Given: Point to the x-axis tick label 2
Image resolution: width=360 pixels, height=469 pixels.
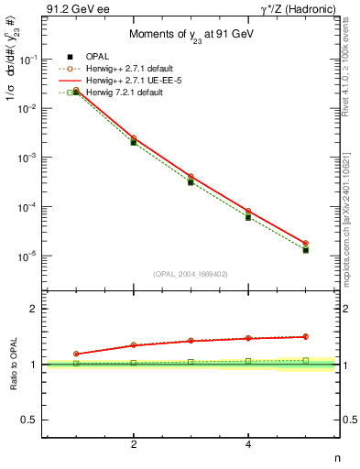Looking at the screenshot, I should tap(134, 444).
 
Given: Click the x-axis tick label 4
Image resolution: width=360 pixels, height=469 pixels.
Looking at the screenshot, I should tap(248, 444).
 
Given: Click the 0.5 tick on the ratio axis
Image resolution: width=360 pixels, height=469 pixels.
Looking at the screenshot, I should tap(30, 420).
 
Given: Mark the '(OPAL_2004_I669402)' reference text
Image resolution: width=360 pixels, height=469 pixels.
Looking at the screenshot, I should tap(191, 273).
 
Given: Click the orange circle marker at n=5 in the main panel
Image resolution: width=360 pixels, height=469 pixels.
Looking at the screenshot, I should tap(305, 244).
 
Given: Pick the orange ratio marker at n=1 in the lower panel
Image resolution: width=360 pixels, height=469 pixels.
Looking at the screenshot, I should tap(76, 354).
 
